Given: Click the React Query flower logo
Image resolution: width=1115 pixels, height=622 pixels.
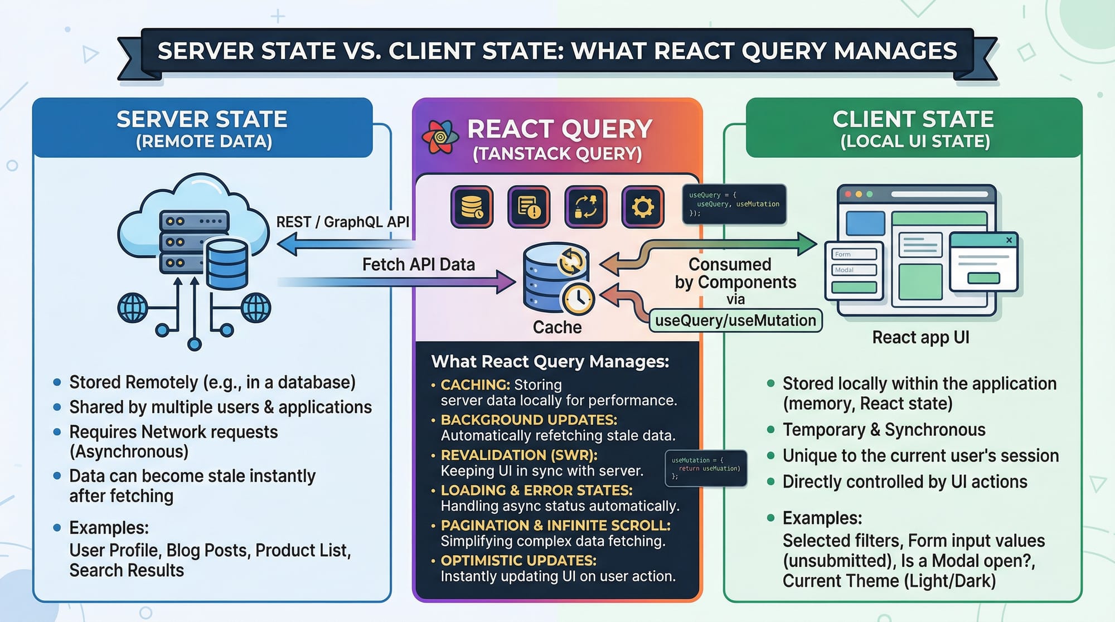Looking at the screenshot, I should (440, 137).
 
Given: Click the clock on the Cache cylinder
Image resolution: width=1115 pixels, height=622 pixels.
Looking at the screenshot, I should (578, 299).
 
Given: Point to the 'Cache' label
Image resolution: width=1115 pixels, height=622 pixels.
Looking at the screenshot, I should (557, 327).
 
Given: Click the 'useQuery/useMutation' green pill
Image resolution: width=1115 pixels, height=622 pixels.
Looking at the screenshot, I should (735, 320).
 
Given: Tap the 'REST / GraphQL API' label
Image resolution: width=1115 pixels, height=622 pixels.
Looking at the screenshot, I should (342, 222).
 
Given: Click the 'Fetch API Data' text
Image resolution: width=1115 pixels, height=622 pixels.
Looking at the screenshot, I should (418, 264).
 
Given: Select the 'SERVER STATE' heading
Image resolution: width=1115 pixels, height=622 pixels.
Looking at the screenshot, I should (202, 119).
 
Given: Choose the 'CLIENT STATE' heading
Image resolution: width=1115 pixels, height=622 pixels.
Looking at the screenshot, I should (913, 119).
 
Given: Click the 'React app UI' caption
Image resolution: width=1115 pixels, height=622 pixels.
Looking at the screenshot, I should (920, 337).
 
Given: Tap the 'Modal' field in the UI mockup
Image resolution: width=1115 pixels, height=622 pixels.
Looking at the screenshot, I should (853, 270).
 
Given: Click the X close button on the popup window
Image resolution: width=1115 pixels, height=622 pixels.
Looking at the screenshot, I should (1009, 240).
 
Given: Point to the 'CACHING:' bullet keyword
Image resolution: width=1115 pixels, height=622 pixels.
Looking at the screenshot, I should (475, 385).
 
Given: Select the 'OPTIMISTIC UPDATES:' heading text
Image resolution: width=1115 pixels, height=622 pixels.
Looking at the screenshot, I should (518, 560).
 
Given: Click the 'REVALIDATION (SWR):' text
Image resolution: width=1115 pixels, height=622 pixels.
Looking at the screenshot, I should (518, 455).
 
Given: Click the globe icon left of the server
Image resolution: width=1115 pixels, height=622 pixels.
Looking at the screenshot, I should (133, 308).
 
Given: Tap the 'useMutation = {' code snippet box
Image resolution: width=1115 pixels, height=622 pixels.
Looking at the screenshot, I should (705, 468).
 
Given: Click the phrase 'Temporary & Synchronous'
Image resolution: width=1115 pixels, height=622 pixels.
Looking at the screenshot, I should (884, 430).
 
